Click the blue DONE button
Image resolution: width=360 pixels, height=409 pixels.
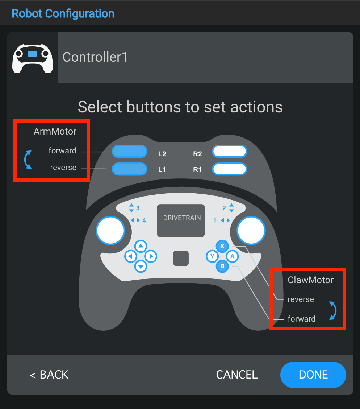pos(313,375)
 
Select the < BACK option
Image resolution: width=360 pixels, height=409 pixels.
pos(49,375)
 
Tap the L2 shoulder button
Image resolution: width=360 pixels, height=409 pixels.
pos(130,151)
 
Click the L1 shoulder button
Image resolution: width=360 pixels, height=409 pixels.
pos(130,169)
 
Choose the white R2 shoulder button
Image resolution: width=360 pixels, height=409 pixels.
pos(230,151)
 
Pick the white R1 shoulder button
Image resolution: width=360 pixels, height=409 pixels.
pos(230,169)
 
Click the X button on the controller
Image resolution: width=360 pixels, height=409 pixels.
pos(222,246)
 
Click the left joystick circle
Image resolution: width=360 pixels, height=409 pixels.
pos(110,230)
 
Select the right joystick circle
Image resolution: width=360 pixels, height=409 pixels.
pos(251,230)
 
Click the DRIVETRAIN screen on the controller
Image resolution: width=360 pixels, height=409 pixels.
pos(181,220)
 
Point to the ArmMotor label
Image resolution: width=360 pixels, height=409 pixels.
pos(55,132)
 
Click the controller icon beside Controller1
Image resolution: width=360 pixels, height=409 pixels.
pos(33,58)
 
